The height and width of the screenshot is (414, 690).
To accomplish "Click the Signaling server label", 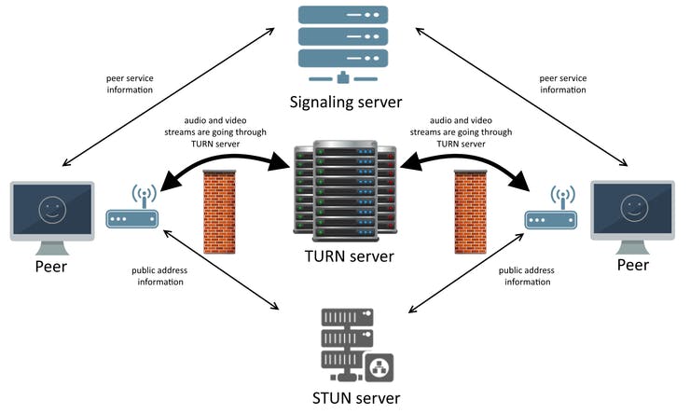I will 344,102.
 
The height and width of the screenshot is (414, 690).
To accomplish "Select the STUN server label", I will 357,399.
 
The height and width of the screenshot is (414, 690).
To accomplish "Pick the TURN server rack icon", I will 345,191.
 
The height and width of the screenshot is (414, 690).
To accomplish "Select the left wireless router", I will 132,212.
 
